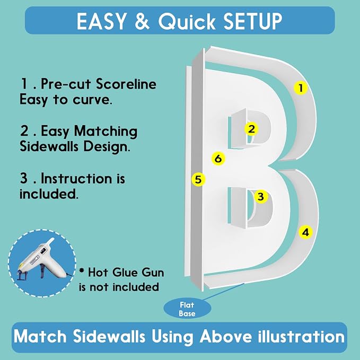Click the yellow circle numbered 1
tap(301, 88)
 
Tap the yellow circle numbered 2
tap(251, 129)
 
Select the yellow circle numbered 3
tap(261, 197)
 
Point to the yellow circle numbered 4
tap(305, 232)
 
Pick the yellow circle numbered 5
tap(198, 179)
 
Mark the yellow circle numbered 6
tap(218, 159)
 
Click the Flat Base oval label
tap(187, 309)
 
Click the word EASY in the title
tap(101, 21)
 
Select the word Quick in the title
tap(187, 21)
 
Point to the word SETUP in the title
tap(252, 21)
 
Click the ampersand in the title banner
tap(142, 21)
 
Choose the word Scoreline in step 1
tap(126, 84)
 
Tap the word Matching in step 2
tap(106, 132)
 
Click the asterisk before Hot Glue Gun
tap(81, 270)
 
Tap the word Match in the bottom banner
tap(40, 337)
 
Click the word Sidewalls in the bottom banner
tap(109, 337)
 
